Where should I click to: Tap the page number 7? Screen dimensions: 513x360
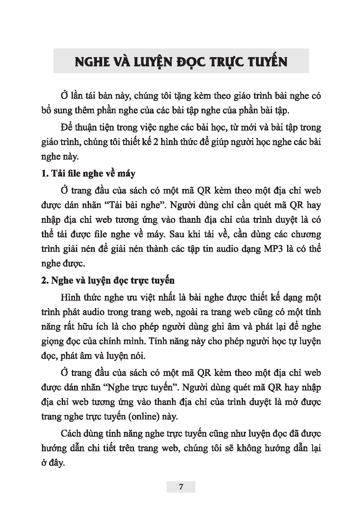pos(181,487)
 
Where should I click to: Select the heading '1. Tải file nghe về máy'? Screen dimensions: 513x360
pos(88,174)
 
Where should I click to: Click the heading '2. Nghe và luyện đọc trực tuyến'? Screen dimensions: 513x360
pos(108,281)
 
